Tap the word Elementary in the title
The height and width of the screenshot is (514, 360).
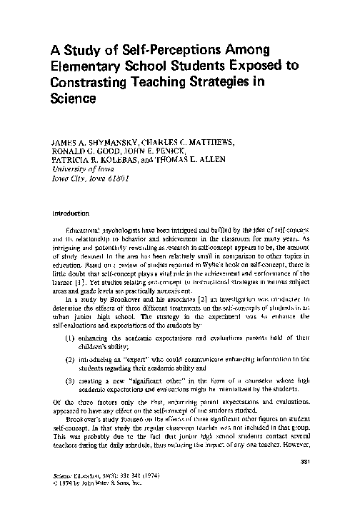coord(88,66)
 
